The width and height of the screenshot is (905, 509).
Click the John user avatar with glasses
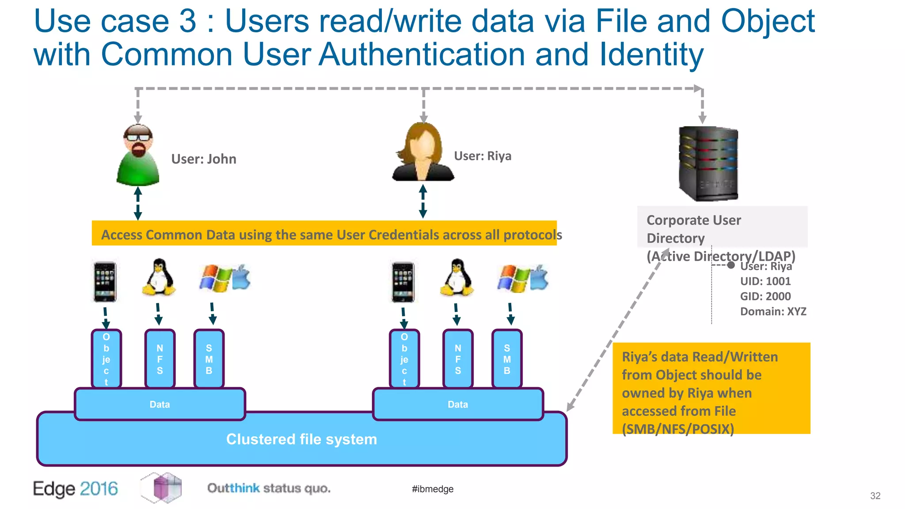coord(138,155)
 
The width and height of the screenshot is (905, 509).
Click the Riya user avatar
coord(423,152)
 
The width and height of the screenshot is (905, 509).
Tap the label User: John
coord(204,159)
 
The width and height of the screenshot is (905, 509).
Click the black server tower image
coord(708,163)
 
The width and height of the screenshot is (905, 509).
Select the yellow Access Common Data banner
coord(324,234)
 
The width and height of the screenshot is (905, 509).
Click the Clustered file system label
coord(301,439)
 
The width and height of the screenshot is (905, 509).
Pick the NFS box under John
coord(160,359)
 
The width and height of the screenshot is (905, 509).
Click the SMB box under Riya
coord(507,359)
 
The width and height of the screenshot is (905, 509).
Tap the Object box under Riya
coord(404,359)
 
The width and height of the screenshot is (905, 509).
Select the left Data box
coord(160,404)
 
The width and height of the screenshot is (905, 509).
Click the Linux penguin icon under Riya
coord(457,278)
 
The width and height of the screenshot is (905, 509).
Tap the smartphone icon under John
coord(105,282)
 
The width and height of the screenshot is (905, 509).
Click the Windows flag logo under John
coord(215,278)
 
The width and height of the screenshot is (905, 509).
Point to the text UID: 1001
coord(765,281)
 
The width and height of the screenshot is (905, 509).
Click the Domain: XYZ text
coord(773,311)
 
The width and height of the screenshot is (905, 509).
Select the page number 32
coord(875,496)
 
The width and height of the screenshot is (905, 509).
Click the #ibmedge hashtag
coord(433,489)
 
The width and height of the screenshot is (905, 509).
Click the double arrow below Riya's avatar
coord(423,201)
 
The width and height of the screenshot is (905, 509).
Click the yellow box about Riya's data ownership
coord(711,388)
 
